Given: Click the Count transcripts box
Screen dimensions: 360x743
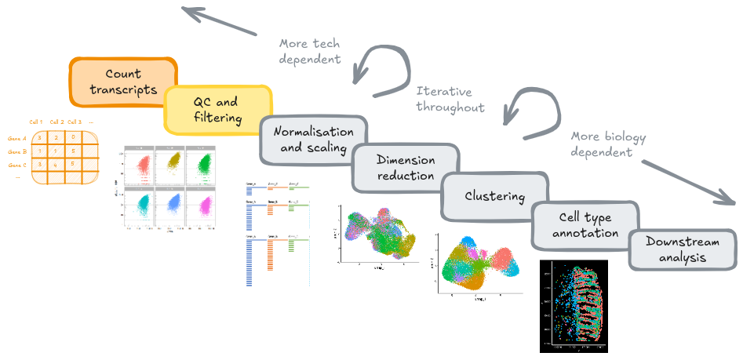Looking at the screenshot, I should [x=122, y=82].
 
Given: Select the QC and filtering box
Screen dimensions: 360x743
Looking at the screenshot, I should [x=216, y=111].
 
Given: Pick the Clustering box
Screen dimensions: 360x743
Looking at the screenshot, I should [x=494, y=195].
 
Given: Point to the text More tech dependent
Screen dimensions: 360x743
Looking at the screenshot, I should [x=310, y=50].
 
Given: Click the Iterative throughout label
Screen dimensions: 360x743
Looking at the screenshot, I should [x=450, y=99].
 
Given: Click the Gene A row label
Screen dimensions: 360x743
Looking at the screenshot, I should [x=17, y=136].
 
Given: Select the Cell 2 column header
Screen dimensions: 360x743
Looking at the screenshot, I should [x=56, y=122].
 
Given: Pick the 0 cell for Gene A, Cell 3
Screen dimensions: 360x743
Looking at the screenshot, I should [x=72, y=136].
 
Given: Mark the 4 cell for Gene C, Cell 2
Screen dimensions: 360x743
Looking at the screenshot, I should [x=56, y=165].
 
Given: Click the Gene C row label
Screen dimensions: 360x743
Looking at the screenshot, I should [x=17, y=165].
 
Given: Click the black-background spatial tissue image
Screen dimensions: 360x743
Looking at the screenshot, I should [x=574, y=306].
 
